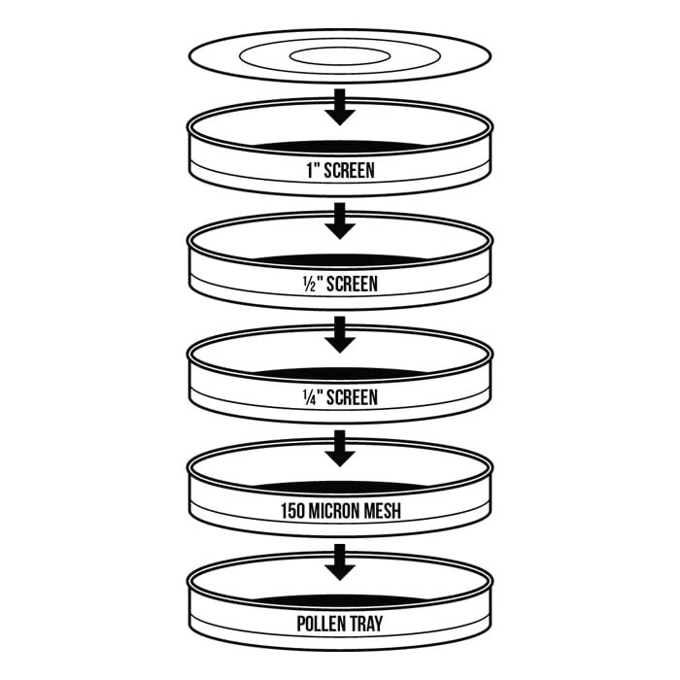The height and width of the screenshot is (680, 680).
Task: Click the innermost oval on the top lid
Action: tap(340, 49)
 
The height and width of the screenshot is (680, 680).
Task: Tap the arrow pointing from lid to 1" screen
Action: tap(340, 107)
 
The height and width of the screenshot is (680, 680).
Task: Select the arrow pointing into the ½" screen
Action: tap(340, 221)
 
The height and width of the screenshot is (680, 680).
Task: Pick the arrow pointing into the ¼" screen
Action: tap(340, 334)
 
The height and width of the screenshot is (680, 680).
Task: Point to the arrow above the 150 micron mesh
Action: tap(340, 449)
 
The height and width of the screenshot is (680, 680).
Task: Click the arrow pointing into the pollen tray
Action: tap(340, 562)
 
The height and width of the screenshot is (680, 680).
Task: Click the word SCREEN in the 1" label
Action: tap(349, 170)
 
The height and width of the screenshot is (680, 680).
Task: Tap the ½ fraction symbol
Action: tap(310, 284)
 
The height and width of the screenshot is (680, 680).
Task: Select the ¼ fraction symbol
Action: tap(310, 397)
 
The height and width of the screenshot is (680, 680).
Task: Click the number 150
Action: tap(292, 511)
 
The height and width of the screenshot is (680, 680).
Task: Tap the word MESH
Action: tap(382, 511)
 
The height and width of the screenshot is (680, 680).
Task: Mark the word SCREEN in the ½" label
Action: tap(352, 284)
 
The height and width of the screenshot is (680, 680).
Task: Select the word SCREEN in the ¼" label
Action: tap(352, 397)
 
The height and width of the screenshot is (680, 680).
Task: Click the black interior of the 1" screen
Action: tap(340, 147)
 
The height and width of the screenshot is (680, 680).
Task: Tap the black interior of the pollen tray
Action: tap(340, 601)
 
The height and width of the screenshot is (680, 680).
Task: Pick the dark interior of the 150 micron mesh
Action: tap(340, 488)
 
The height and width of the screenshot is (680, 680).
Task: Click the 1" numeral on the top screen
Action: tap(314, 170)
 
